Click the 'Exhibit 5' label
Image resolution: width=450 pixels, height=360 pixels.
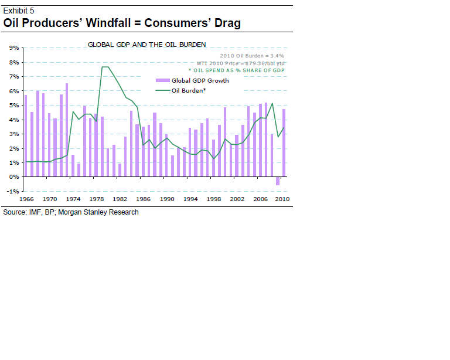tap(19, 10)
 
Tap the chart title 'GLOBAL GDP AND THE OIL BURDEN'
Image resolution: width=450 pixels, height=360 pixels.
tap(146, 45)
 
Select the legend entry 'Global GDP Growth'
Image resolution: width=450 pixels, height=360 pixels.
tap(200, 80)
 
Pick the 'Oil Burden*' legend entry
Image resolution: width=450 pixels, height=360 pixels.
tap(189, 90)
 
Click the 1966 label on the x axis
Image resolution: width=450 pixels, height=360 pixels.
tap(26, 199)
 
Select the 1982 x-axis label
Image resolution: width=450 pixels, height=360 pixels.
tap(121, 199)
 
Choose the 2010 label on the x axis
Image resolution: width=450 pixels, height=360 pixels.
tap(283, 199)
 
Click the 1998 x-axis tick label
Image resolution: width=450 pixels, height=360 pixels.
tap(214, 199)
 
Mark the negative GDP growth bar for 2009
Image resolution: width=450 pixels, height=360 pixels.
tap(278, 181)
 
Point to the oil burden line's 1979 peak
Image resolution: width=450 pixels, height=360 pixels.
tap(105, 67)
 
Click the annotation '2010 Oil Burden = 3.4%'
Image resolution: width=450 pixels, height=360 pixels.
tap(251, 55)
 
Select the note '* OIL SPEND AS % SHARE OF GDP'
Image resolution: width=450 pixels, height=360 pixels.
tap(237, 70)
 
